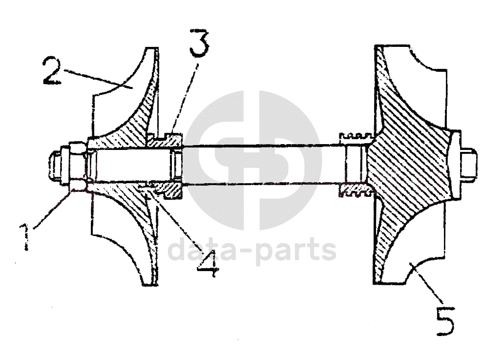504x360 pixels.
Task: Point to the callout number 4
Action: (208, 264)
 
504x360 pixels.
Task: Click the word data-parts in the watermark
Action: (252, 250)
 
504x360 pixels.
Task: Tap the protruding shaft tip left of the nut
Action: (53, 166)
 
